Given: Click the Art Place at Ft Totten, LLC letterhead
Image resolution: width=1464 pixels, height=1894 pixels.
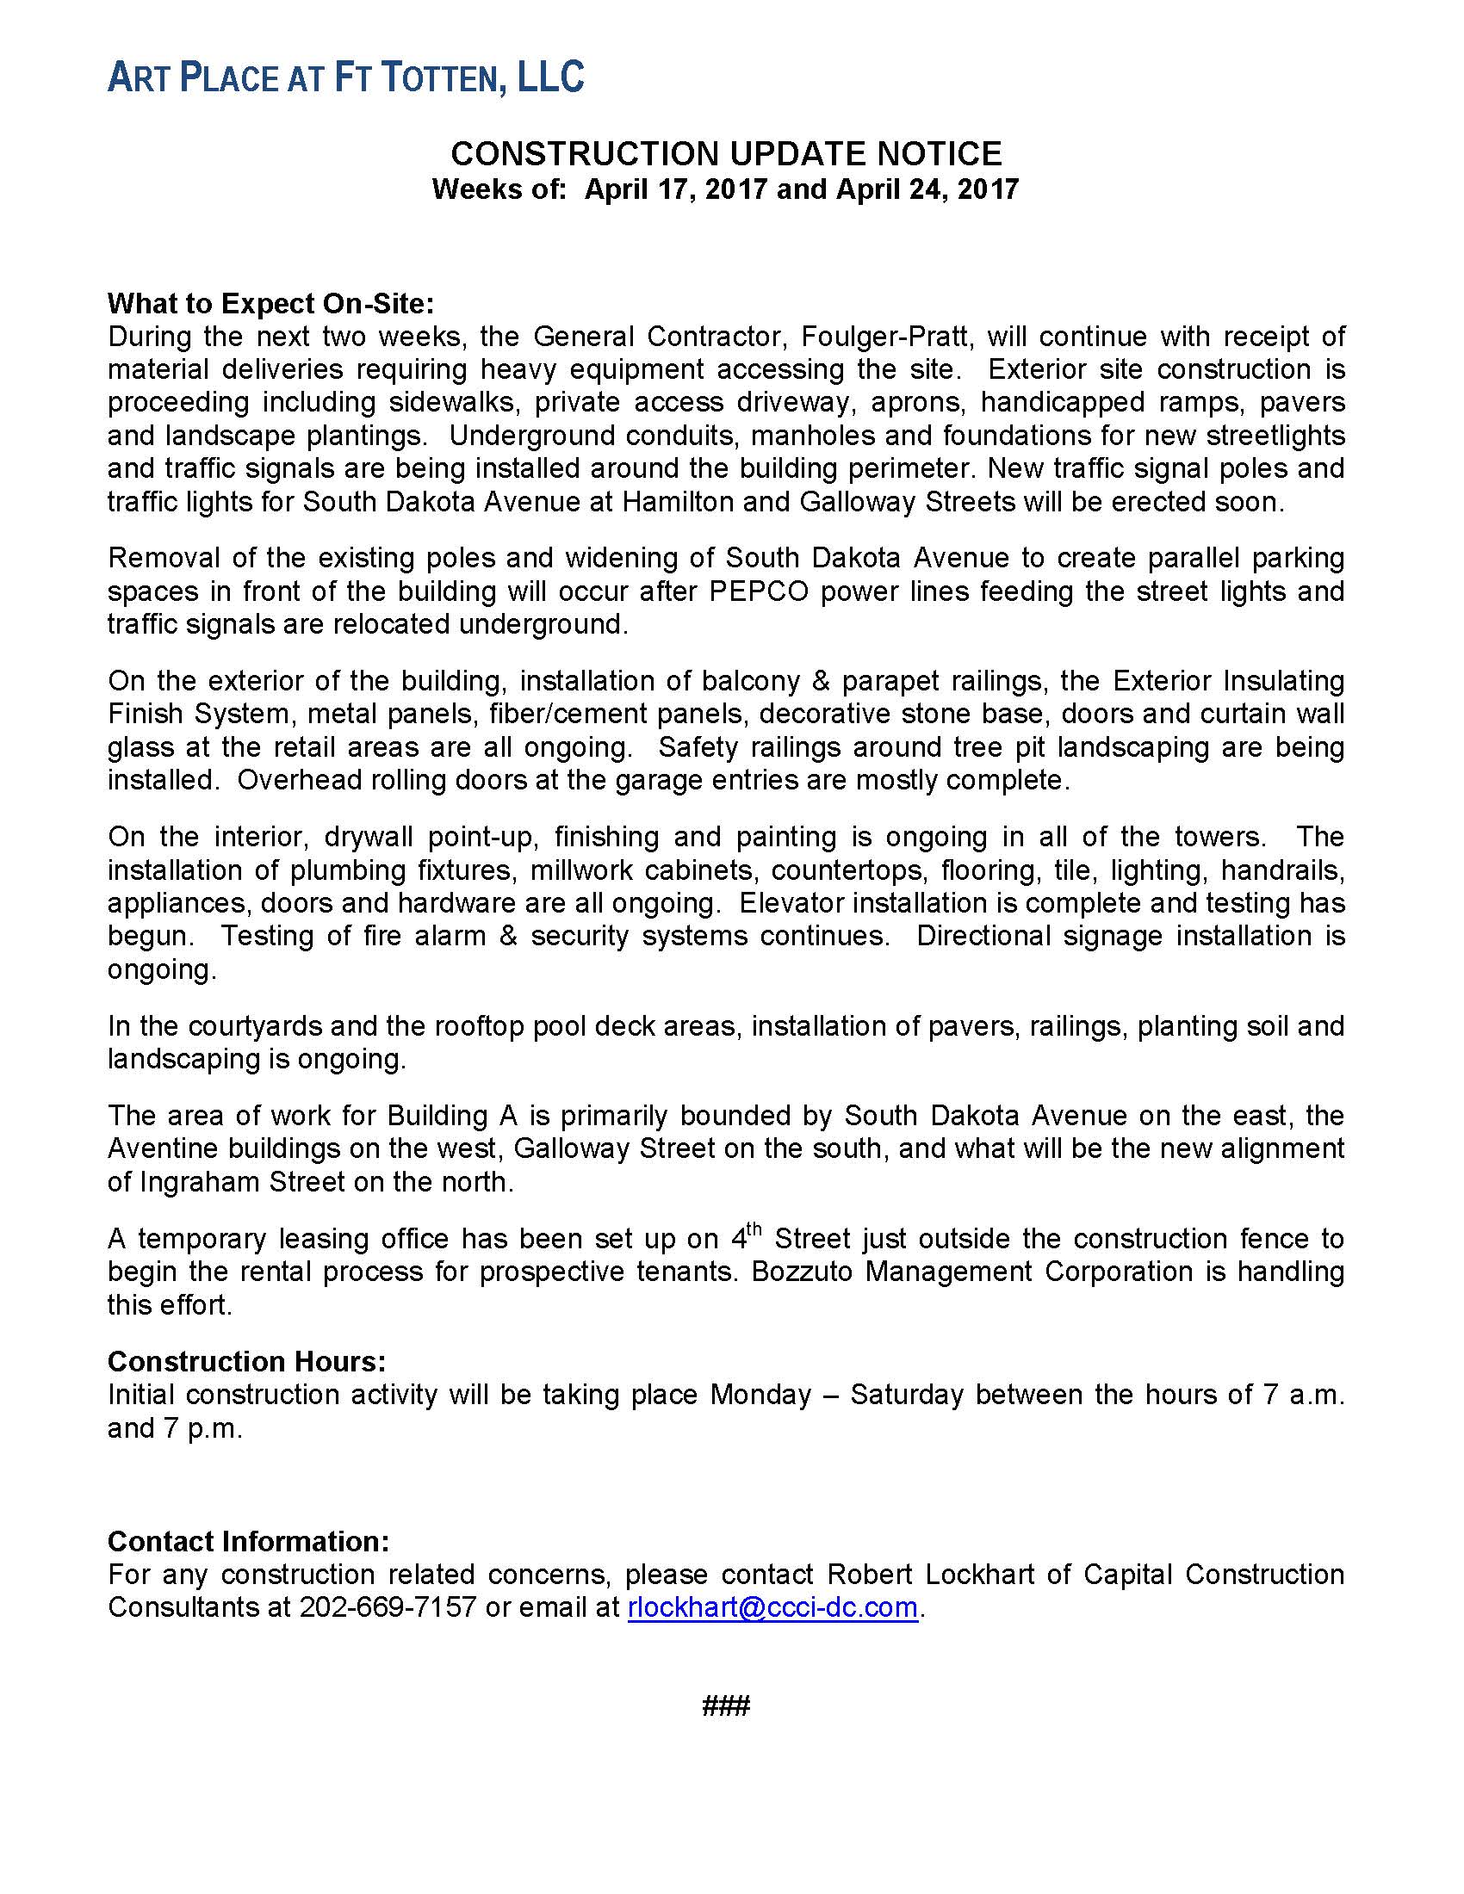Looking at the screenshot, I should pos(345,77).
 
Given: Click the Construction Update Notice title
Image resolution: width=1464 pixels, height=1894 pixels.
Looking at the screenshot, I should pos(726,153).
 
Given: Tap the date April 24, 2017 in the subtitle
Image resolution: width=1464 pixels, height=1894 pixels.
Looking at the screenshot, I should pos(927,189).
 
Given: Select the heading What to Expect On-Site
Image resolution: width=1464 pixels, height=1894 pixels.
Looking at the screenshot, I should pos(270,304).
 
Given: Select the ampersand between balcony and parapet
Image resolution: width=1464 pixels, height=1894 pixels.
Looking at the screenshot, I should pos(821,681).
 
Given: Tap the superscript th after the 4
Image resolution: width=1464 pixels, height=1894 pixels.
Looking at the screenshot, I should pos(754,1229).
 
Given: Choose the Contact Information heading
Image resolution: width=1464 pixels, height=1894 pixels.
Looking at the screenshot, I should pos(248,1541).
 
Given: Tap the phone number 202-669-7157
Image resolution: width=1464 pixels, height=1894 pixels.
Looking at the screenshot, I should pos(388,1607).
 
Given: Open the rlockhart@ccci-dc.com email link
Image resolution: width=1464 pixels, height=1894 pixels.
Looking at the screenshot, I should pos(772,1607).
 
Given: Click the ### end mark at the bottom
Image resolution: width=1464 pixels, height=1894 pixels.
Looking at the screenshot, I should pos(726,1706).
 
